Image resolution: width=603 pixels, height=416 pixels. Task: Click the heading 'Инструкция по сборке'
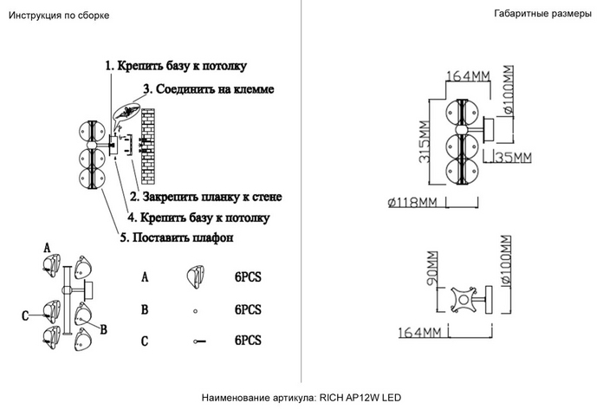(59, 16)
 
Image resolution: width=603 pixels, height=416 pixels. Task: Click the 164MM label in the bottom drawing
(420, 332)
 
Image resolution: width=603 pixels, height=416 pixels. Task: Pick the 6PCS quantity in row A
(248, 276)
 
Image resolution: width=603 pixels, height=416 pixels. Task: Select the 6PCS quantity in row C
(248, 341)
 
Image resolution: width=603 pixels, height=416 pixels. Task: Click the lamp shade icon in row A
(196, 277)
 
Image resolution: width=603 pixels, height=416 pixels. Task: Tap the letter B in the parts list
(145, 309)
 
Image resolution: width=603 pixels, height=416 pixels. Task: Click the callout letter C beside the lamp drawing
(27, 313)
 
